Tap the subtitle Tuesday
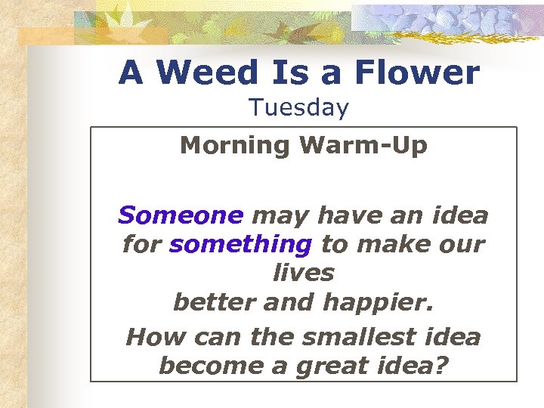299,108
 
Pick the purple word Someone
181,216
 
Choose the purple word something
241,245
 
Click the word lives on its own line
303,273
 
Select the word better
208,302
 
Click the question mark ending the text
441,366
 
